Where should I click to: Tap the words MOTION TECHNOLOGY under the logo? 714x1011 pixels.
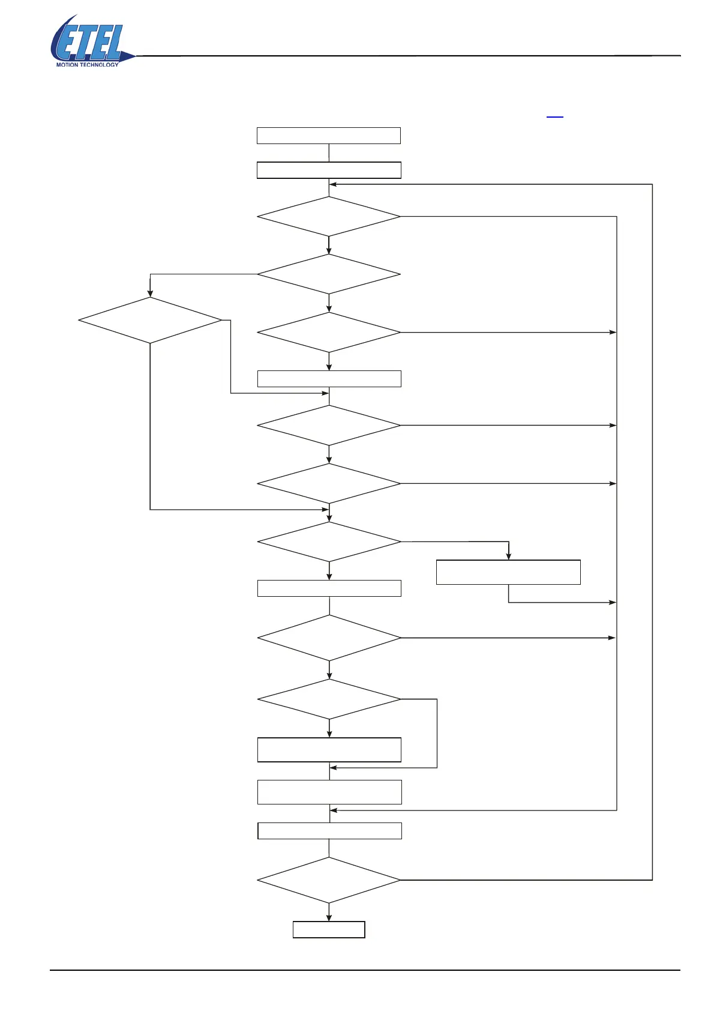87,64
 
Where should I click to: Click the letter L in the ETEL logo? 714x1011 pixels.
112,42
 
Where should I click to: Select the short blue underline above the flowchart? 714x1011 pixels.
555,116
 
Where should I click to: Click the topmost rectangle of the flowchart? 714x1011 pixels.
329,136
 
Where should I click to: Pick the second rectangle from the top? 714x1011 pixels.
329,171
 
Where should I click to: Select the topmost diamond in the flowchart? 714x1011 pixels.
329,217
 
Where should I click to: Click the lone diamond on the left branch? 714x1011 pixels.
150,321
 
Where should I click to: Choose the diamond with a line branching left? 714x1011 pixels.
329,274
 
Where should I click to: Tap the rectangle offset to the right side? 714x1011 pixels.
508,572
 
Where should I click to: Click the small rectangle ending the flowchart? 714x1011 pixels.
329,929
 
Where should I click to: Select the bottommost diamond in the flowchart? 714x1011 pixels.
329,880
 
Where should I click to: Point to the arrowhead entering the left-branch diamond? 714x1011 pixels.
150,294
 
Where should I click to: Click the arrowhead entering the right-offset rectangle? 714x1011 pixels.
508,557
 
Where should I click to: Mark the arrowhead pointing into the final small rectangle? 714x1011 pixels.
329,917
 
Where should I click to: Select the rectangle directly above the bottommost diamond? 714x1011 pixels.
329,831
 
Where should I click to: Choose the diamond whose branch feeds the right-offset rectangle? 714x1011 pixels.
329,542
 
